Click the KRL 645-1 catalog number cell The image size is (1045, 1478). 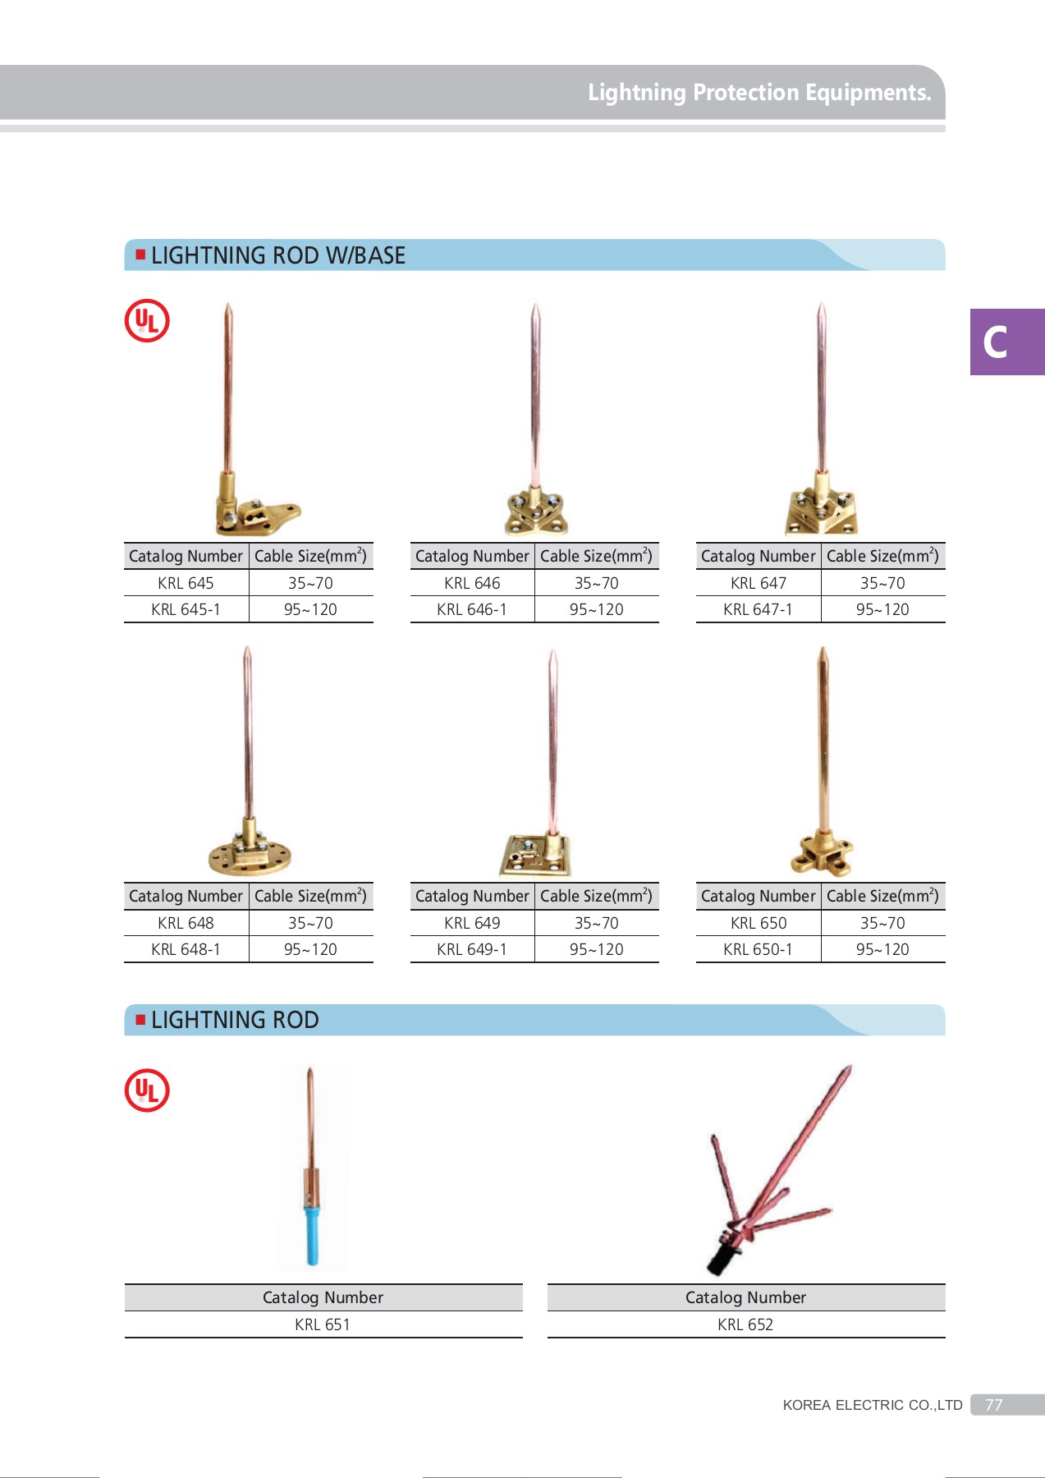[186, 609]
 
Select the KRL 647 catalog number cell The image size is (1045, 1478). [758, 583]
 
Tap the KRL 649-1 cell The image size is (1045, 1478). [471, 949]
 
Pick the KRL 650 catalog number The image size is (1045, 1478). [758, 923]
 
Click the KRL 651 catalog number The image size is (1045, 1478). [323, 1324]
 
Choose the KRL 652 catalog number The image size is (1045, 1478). [745, 1324]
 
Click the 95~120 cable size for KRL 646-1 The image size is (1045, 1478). [597, 609]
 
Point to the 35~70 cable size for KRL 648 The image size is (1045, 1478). [310, 923]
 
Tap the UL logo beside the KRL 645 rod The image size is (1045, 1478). [147, 321]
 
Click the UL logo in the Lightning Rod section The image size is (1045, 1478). [147, 1090]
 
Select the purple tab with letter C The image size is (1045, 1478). [1006, 342]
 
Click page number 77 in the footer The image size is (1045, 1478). [994, 1405]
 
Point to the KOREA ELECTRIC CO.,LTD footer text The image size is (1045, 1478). [872, 1405]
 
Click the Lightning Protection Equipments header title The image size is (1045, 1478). [759, 93]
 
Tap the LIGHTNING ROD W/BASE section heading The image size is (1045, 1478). [277, 255]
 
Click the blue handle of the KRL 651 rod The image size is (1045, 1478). [313, 1236]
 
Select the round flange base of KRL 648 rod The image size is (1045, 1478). [250, 858]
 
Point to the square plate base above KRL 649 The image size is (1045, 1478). [534, 856]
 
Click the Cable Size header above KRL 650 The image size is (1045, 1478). [882, 896]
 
